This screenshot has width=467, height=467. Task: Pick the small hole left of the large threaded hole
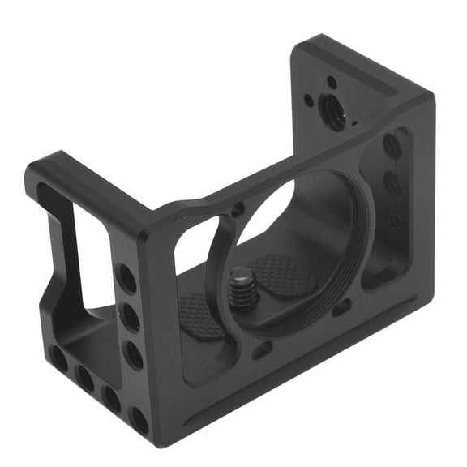pos(309,102)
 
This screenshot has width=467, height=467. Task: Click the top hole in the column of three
pos(127,278)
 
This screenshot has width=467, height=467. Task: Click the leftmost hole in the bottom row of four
pos(58,357)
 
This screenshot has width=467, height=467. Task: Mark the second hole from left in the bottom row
pos(84,375)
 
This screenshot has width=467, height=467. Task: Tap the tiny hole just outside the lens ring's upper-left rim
pos(238,210)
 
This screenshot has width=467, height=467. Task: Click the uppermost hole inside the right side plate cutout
pos(392,146)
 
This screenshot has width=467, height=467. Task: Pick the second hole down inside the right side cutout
pos(393,183)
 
